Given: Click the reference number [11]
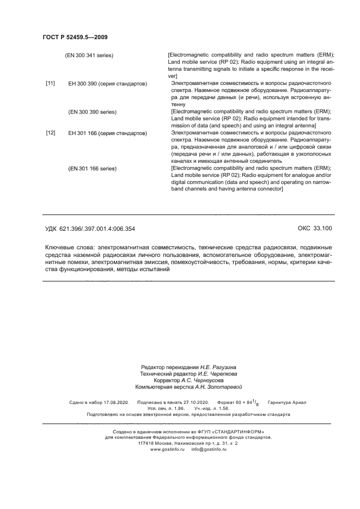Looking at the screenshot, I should (50, 83).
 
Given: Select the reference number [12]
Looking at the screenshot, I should (50, 133).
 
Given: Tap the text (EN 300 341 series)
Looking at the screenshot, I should (89, 56).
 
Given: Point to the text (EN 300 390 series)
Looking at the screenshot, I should (93, 112).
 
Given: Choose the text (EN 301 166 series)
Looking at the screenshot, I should (93, 168).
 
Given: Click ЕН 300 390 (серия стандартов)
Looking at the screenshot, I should (107, 84).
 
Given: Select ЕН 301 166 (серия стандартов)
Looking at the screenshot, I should (107, 133).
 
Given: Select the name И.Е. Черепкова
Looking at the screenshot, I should (217, 374).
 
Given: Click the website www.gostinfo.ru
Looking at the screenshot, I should (167, 449).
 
